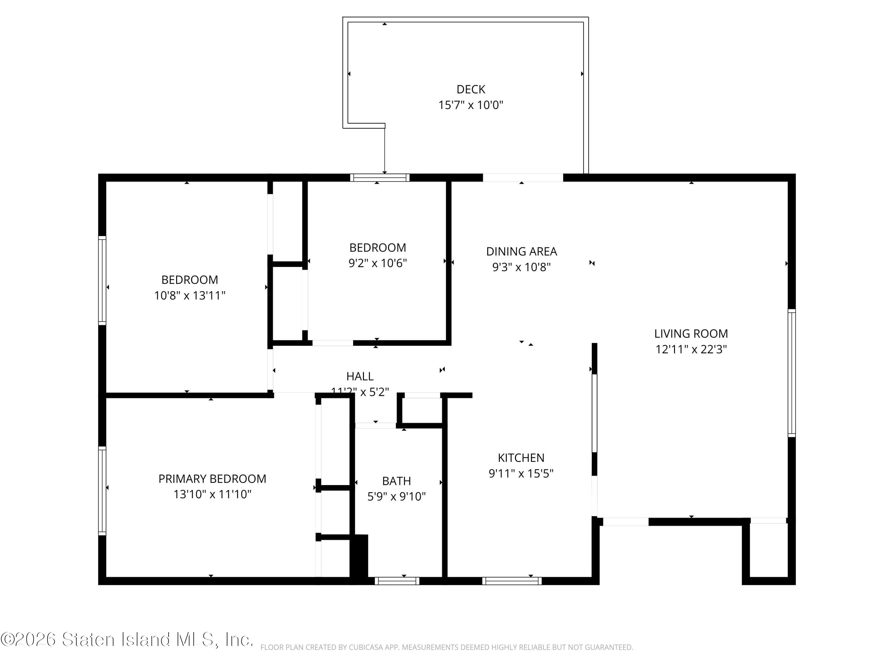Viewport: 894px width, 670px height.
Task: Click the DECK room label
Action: click(471, 89)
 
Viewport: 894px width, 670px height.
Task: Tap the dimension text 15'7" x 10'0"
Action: click(471, 105)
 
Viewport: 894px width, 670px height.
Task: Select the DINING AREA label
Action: click(521, 252)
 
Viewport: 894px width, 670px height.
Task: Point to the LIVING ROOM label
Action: click(691, 334)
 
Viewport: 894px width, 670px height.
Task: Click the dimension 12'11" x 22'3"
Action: click(691, 349)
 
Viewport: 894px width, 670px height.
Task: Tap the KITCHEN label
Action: click(521, 458)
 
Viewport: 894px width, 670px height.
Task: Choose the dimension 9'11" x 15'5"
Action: click(521, 473)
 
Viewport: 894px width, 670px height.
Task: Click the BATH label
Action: click(396, 481)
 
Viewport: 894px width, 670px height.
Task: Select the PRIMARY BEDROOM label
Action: click(212, 479)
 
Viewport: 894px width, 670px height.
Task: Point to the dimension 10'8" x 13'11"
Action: click(190, 296)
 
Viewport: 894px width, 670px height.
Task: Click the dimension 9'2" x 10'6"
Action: click(378, 263)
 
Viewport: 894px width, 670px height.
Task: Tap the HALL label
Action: click(360, 376)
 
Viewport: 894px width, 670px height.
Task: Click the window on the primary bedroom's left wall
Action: click(102, 491)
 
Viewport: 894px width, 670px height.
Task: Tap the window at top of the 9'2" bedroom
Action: click(380, 178)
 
